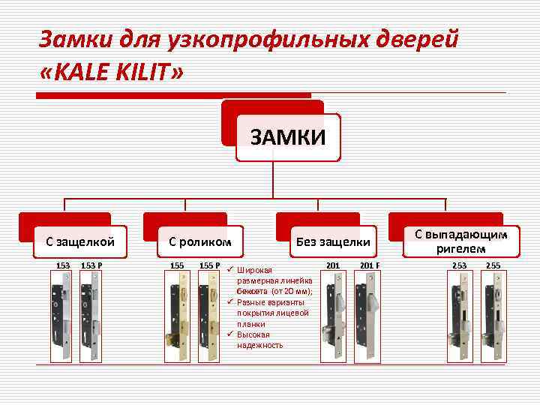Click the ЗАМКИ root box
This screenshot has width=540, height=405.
click(x=288, y=137)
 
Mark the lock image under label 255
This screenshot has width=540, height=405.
click(x=493, y=316)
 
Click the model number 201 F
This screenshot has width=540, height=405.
click(x=370, y=265)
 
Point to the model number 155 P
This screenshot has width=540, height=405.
click(x=209, y=265)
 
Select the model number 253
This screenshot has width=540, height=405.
click(x=458, y=265)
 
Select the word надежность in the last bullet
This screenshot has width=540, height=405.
click(x=259, y=345)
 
